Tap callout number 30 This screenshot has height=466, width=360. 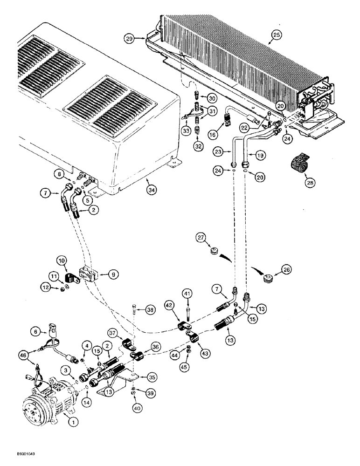pyautogui.click(x=212, y=98)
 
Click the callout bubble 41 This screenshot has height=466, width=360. pyautogui.click(x=187, y=294)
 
